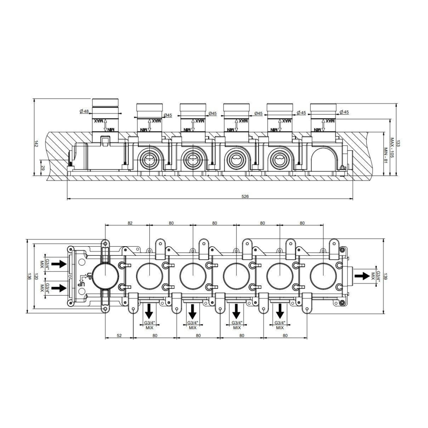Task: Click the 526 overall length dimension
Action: tap(245, 196)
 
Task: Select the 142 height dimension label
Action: tap(37, 144)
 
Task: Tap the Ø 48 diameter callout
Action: tap(84, 111)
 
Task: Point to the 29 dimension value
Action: tap(43, 168)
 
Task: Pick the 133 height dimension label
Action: tap(398, 143)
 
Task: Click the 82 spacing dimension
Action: tap(130, 223)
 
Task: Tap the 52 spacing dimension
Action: tap(119, 336)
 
